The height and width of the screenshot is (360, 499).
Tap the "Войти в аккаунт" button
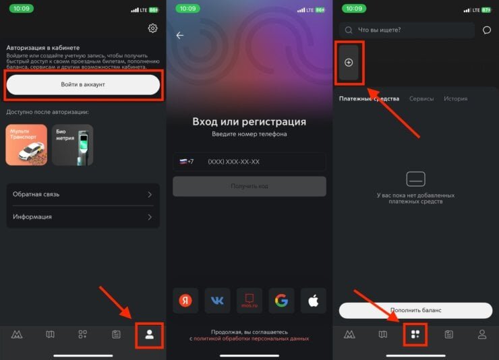tap(83, 84)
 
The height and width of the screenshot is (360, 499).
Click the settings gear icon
tap(152, 28)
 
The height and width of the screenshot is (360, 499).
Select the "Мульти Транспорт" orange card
tap(26, 144)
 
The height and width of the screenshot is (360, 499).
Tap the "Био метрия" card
tap(72, 144)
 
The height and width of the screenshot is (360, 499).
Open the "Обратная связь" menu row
tap(83, 194)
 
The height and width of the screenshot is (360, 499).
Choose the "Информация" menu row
tap(83, 217)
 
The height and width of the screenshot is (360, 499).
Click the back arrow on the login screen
tap(179, 36)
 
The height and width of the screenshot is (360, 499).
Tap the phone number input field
tap(263, 162)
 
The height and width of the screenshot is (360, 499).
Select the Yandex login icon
tap(185, 301)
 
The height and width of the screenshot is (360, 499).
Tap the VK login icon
tap(217, 301)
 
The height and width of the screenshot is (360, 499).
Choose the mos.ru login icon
tap(249, 301)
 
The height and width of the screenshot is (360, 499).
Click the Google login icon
tap(281, 301)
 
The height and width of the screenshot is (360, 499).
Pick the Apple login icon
tap(314, 301)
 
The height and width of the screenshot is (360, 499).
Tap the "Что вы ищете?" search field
tap(408, 30)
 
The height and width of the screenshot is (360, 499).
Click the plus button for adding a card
tap(349, 63)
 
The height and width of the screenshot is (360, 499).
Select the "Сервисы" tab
tap(421, 98)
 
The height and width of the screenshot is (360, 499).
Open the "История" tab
tap(455, 98)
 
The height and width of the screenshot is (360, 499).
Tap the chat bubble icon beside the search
tap(487, 30)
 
